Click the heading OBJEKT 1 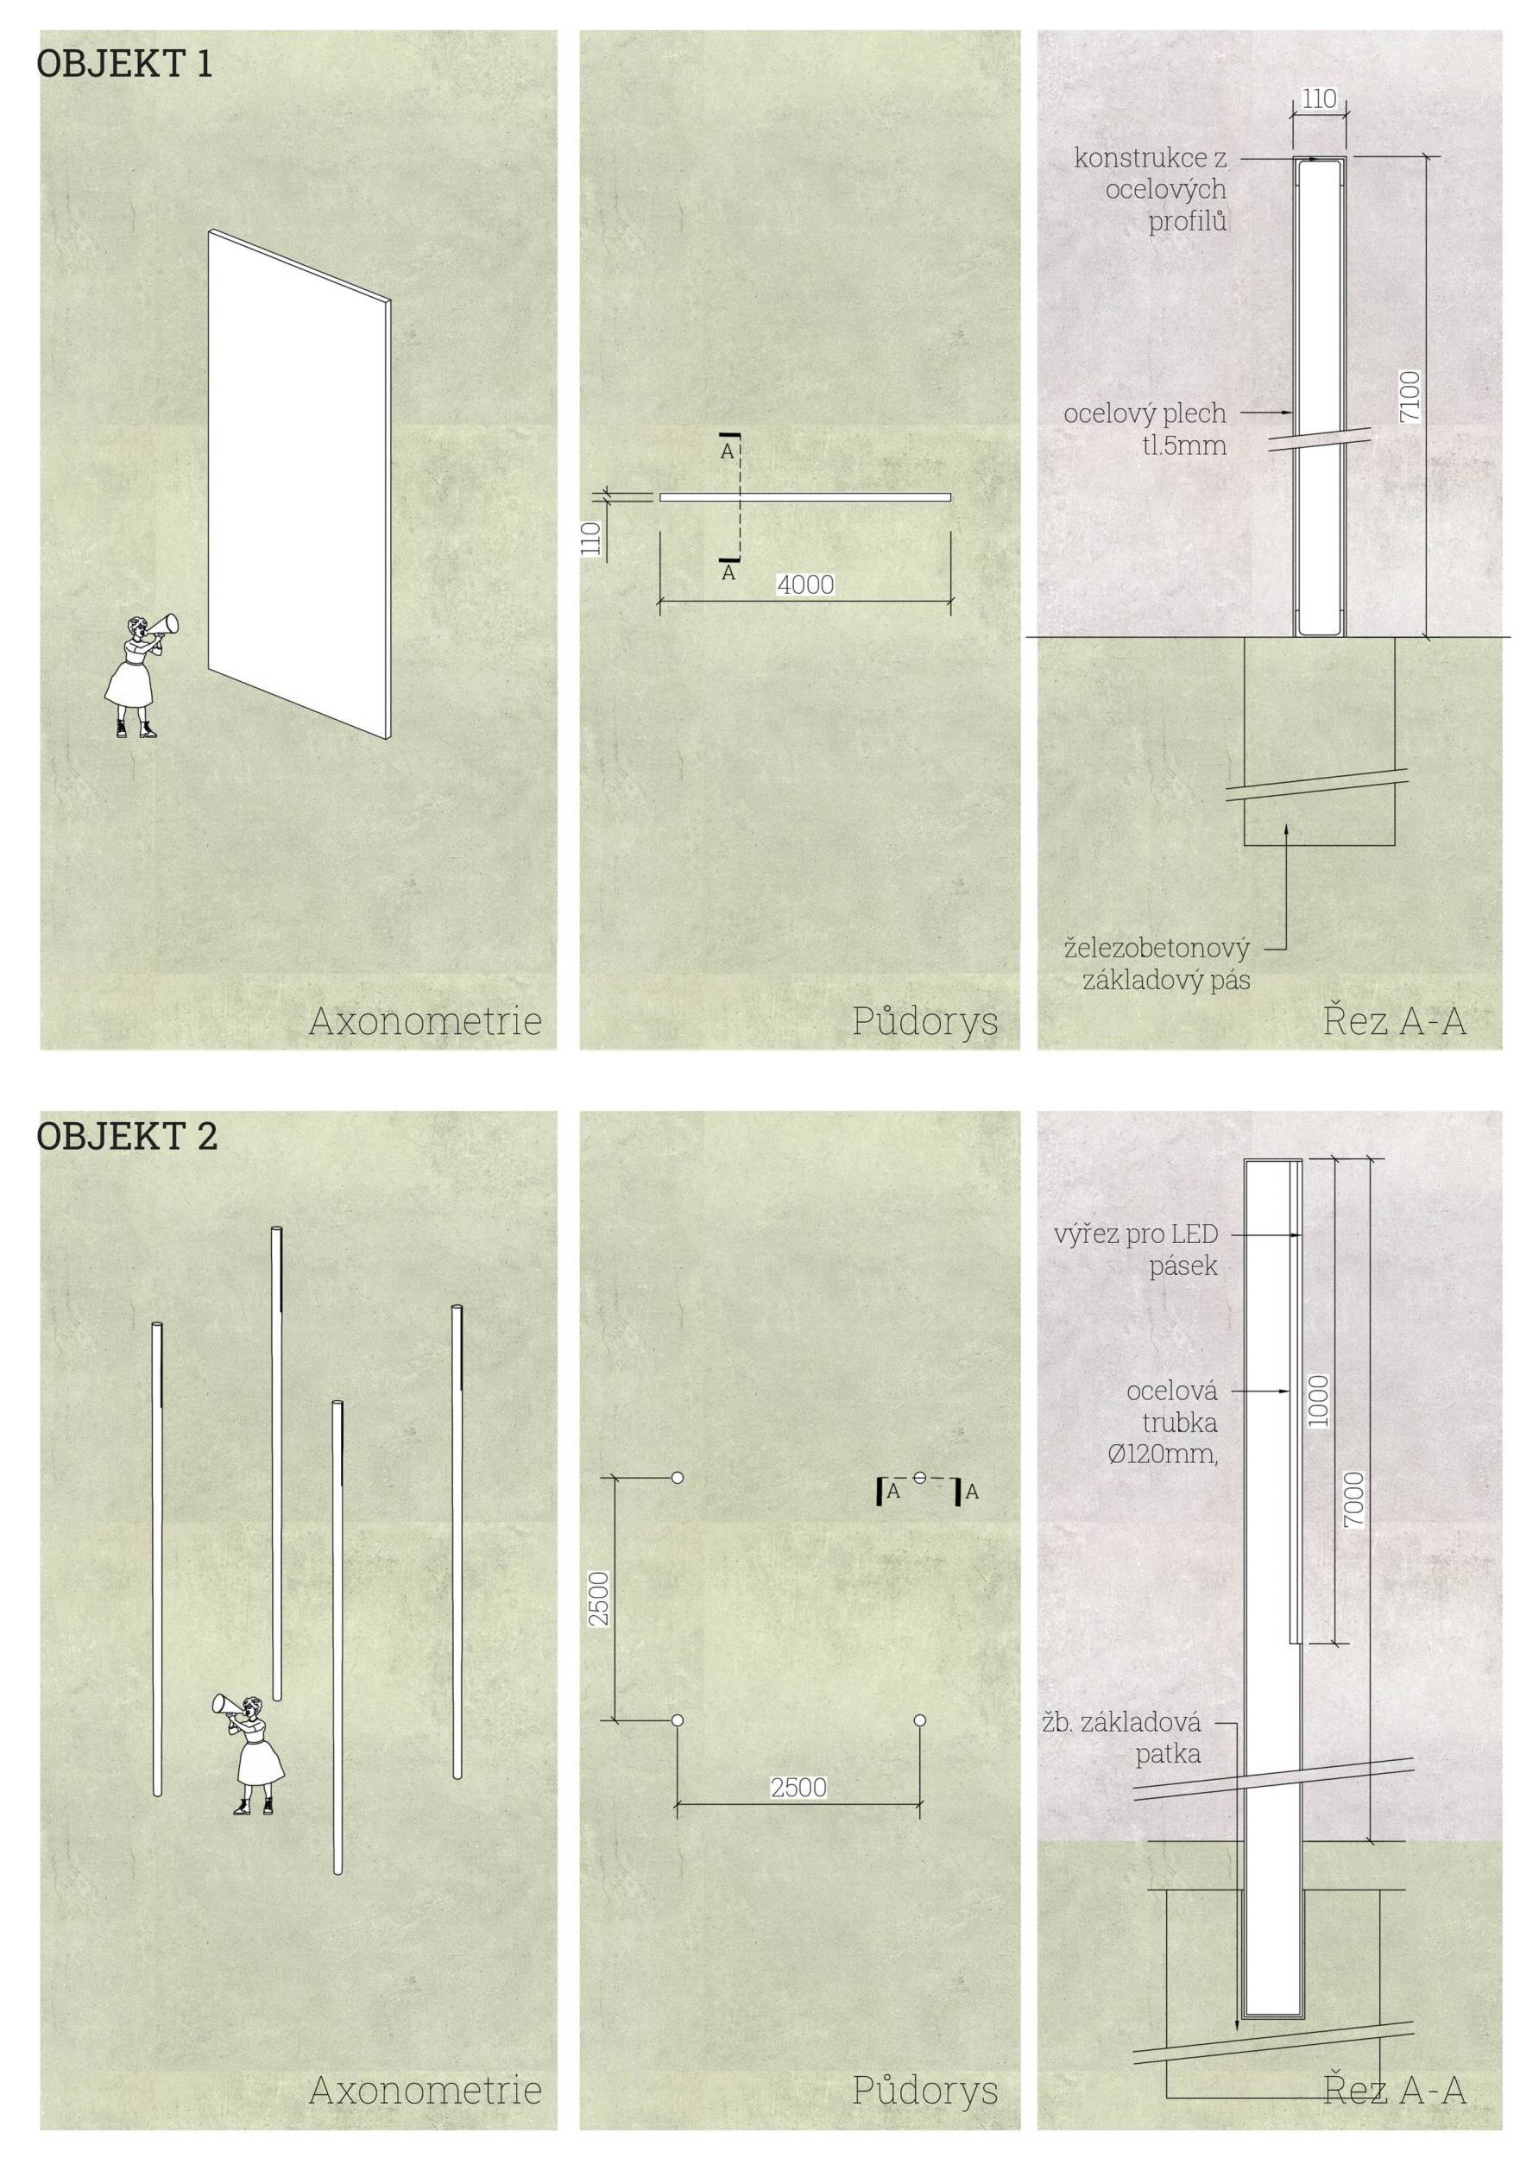pyautogui.click(x=125, y=64)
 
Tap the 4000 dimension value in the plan pyautogui.click(x=805, y=584)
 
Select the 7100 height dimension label pyautogui.click(x=1410, y=396)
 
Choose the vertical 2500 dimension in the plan pyautogui.click(x=600, y=1597)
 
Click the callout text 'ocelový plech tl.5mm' pyautogui.click(x=1144, y=429)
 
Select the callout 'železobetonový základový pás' pyautogui.click(x=1157, y=964)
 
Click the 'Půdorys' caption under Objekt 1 pyautogui.click(x=924, y=1020)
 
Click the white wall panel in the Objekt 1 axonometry pyautogui.click(x=299, y=479)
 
